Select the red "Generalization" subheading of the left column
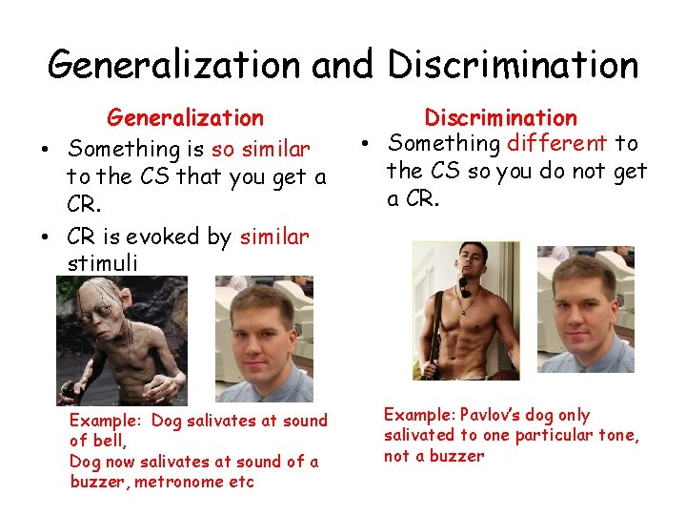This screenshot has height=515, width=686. [185, 118]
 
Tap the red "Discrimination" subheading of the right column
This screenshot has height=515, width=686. [500, 118]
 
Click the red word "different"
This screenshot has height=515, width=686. [557, 144]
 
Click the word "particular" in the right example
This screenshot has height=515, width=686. [552, 435]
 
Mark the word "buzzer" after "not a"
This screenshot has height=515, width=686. [455, 456]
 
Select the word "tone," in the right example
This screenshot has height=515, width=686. [617, 435]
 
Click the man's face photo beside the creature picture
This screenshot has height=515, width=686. [264, 339]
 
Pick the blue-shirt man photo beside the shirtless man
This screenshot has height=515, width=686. [585, 309]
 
